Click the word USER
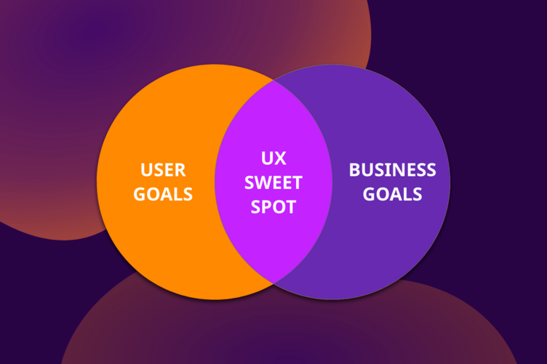click(163, 170)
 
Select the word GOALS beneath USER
click(163, 194)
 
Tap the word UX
click(273, 158)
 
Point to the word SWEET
click(273, 182)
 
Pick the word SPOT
click(273, 206)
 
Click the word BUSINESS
click(393, 170)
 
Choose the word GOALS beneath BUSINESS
click(393, 194)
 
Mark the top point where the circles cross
click(273, 80)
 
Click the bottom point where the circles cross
click(273, 283)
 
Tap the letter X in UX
click(280, 158)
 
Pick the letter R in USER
click(180, 170)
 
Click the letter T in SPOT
click(291, 207)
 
